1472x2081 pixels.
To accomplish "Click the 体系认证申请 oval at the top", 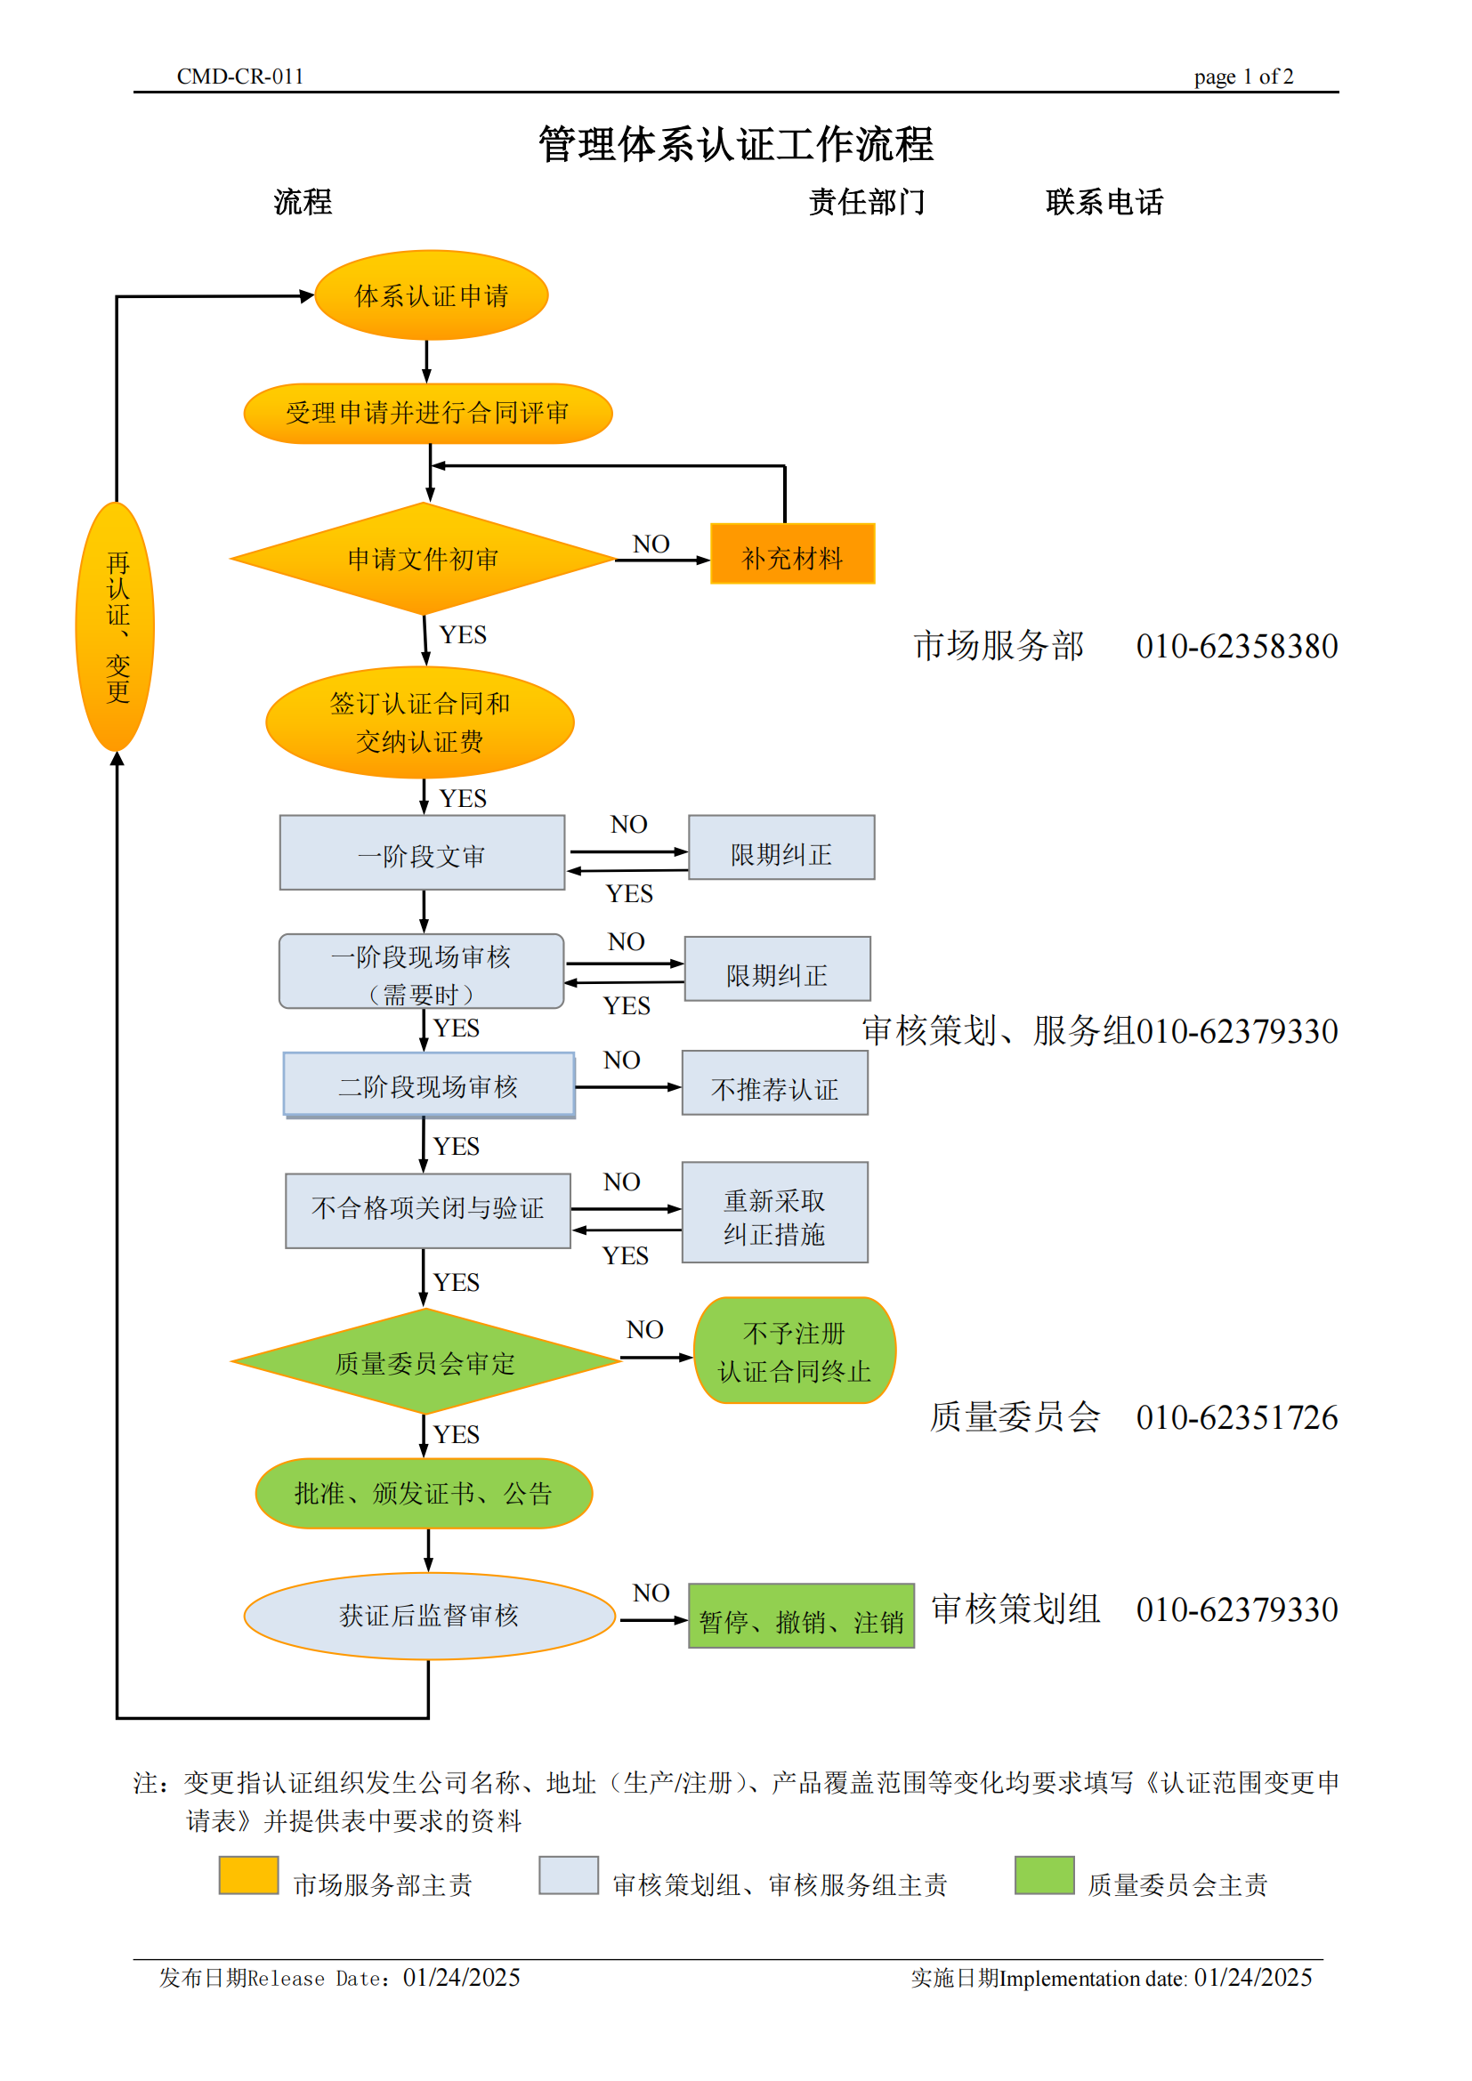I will [431, 295].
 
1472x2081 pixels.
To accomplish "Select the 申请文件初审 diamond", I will [423, 559].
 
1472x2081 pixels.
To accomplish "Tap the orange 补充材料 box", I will [792, 553].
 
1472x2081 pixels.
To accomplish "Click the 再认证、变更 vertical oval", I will [115, 627].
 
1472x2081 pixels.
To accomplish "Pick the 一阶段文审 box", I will [422, 853].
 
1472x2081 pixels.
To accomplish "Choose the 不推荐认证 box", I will [774, 1083].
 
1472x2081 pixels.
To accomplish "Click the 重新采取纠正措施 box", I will [774, 1213].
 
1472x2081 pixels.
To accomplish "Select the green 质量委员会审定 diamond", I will [425, 1361].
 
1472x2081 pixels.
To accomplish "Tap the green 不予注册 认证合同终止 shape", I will [794, 1351].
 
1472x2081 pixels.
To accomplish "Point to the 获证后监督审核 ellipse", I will [429, 1616].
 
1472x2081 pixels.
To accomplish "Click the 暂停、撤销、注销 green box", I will [800, 1616].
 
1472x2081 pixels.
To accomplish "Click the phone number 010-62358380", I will [1236, 646].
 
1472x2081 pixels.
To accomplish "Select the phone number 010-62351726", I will [1236, 1417].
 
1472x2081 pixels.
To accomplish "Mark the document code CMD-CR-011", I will [239, 77].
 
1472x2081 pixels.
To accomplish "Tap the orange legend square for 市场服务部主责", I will [248, 1875].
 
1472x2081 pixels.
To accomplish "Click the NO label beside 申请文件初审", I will [651, 544].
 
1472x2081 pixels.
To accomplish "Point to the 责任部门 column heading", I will [867, 202].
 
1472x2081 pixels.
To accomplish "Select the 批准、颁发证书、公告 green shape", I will [424, 1493].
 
